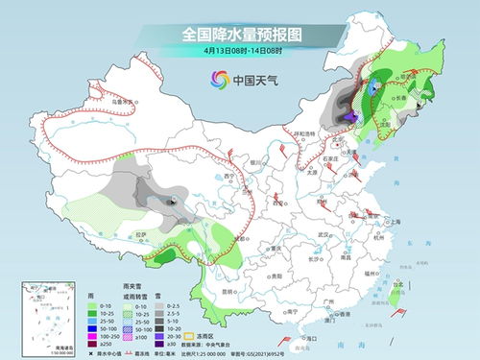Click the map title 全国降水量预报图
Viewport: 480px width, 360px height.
(x=239, y=35)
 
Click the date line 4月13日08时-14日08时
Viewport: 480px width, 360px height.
(x=239, y=51)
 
